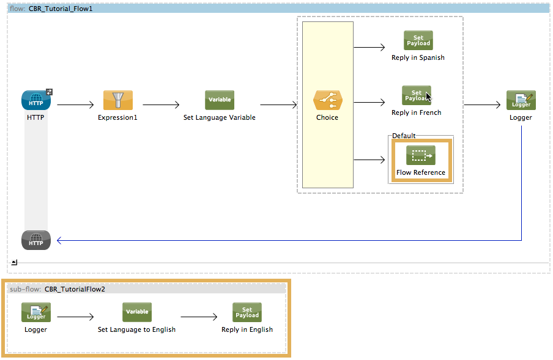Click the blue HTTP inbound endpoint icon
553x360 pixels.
(x=36, y=100)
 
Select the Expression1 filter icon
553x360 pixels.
(x=117, y=100)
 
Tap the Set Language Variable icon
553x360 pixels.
(x=219, y=100)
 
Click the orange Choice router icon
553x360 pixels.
(x=327, y=100)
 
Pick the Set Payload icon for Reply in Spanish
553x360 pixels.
(x=418, y=40)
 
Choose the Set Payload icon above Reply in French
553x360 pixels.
(x=416, y=95)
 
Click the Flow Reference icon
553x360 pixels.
(x=420, y=155)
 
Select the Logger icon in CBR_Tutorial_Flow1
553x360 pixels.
(x=521, y=100)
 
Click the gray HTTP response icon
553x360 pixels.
(x=36, y=240)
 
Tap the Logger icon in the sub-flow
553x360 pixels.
(x=36, y=312)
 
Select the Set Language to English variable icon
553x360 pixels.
(x=136, y=312)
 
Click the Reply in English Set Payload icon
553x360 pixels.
(x=247, y=312)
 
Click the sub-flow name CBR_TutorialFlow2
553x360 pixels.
(x=75, y=289)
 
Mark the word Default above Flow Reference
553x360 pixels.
(x=404, y=136)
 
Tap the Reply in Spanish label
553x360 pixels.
(x=418, y=57)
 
